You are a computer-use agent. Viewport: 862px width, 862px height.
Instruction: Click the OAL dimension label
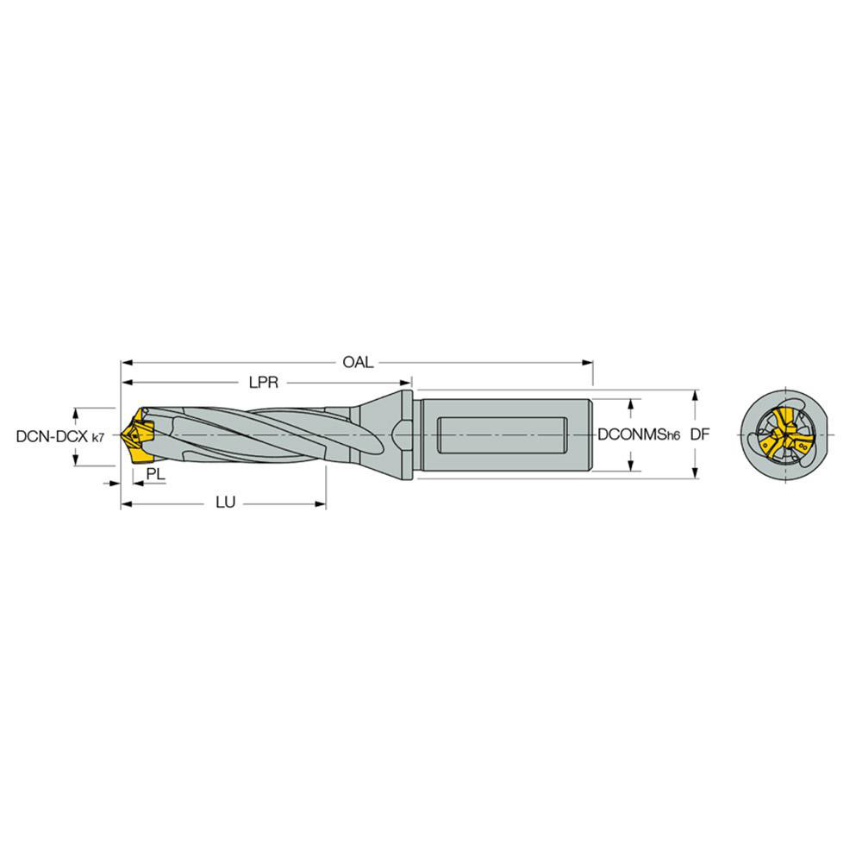(358, 362)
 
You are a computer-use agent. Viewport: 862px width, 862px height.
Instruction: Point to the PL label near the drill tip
(155, 475)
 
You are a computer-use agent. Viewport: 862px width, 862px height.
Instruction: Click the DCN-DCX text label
(53, 437)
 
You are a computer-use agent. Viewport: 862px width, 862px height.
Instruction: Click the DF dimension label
(699, 436)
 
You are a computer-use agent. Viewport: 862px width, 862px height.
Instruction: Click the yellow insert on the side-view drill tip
(137, 436)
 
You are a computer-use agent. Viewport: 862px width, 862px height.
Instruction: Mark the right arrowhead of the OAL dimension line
(588, 362)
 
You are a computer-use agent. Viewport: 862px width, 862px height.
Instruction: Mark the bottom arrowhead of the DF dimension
(695, 473)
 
